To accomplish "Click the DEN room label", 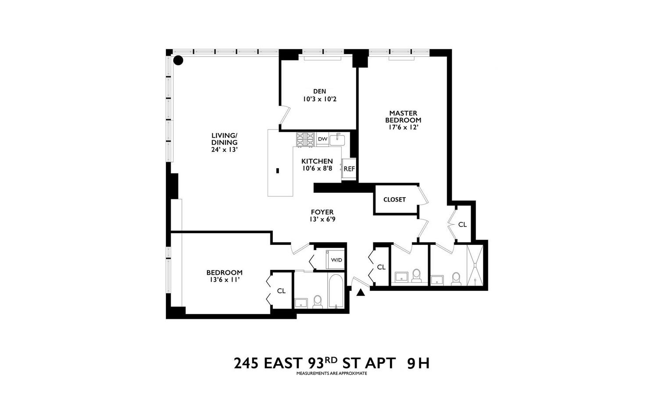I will tap(319, 92).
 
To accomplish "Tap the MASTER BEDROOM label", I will tap(403, 117).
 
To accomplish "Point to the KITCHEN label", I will tap(317, 161).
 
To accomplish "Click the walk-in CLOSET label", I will tap(394, 199).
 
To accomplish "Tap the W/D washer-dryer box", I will tap(336, 260).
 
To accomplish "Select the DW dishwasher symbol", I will tap(322, 139).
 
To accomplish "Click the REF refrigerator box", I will tap(349, 169).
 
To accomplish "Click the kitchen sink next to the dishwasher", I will tap(337, 140).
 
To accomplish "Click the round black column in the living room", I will tap(178, 60).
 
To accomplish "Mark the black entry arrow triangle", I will tap(361, 293).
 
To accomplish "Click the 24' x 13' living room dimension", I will tap(224, 149).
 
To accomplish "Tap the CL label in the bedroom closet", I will tap(281, 291).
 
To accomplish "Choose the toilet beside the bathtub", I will tap(318, 301).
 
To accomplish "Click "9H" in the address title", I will tap(418, 363).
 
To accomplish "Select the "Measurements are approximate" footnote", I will tap(331, 374).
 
